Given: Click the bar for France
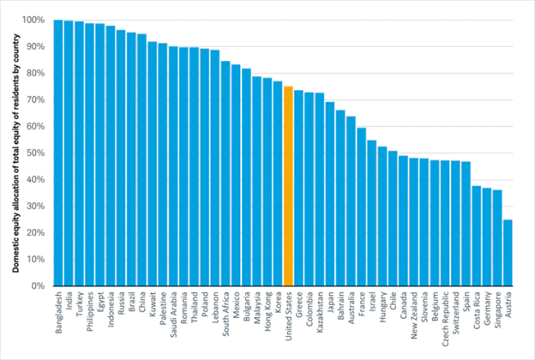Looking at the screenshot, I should pos(361,207).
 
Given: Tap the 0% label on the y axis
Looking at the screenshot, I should pos(38,285).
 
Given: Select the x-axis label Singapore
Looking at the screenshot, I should pos(498,309).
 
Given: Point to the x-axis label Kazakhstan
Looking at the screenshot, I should pos(320,311).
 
